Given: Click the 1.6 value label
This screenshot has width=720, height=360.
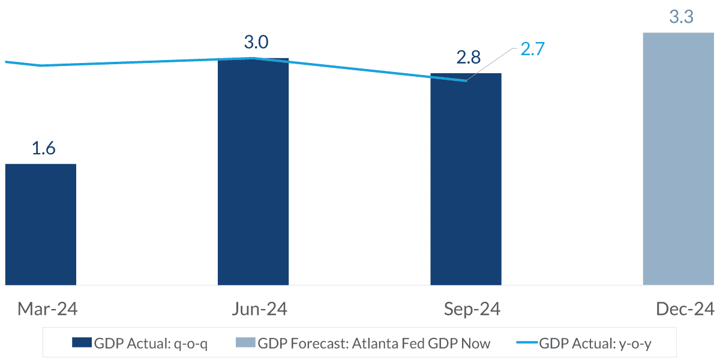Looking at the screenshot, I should point(43,148).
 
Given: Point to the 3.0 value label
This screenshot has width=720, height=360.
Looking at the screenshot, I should point(256,43).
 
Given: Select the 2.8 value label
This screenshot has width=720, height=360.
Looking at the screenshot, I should point(468,58).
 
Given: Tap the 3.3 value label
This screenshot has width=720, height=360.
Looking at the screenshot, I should point(681,17).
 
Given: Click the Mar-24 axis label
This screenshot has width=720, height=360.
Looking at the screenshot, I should point(47,309).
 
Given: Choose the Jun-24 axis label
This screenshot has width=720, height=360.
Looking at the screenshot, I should point(259,309).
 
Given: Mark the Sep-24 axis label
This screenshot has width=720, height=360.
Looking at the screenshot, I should point(472,309).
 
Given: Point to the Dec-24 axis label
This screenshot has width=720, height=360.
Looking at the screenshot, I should point(685,309).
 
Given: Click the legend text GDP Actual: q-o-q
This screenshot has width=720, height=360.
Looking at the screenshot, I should point(151,344).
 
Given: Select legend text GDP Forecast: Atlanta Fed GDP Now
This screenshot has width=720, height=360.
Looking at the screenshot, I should point(374,344).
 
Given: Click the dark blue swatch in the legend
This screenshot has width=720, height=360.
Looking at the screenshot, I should point(82,343).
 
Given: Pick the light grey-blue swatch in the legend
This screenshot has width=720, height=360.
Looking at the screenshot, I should point(245,343).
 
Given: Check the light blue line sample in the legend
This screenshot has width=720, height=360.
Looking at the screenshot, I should point(526,343).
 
